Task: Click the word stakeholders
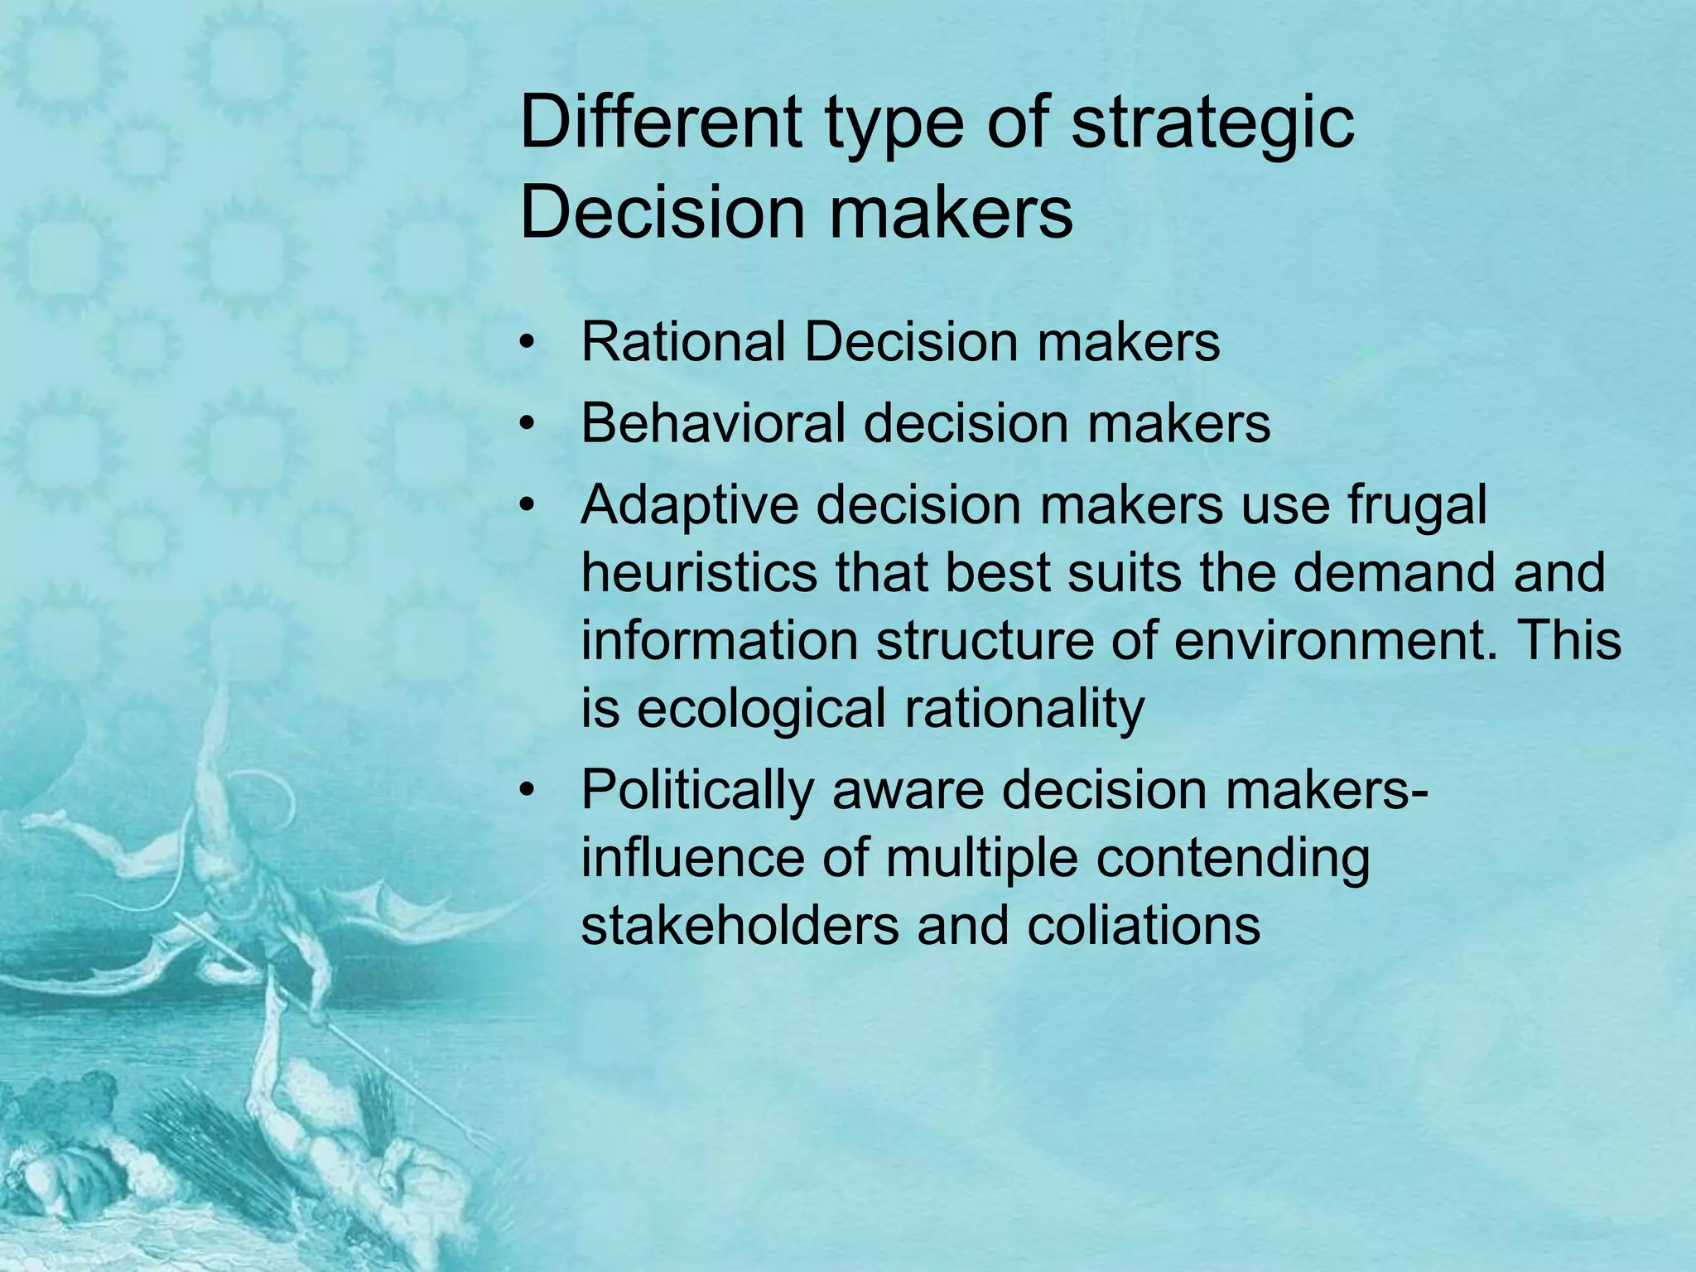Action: pos(740,925)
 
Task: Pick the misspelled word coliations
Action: pos(1144,925)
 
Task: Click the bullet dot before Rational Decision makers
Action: pos(525,344)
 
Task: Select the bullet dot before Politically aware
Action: pos(525,791)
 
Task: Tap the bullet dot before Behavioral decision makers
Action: pos(525,425)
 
